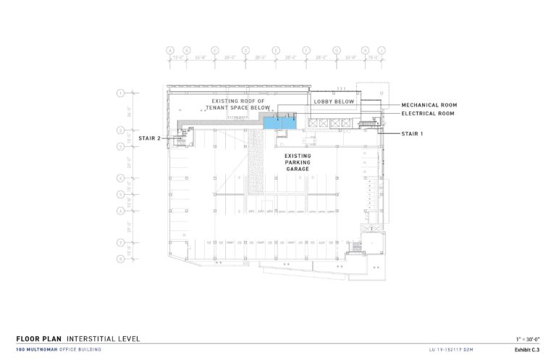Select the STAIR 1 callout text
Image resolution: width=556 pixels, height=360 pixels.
413,134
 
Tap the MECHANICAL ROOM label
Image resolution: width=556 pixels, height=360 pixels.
429,105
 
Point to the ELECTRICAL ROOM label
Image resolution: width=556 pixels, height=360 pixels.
428,114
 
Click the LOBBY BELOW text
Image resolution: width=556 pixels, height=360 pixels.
334,101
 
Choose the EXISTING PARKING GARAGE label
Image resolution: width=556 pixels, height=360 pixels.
297,162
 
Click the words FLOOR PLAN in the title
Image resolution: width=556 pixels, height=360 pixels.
38,338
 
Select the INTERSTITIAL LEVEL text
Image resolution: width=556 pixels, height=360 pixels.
104,338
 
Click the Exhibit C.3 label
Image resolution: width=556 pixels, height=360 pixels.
527,350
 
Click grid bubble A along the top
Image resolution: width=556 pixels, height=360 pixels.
171,51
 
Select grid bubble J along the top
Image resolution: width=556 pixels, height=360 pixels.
382,51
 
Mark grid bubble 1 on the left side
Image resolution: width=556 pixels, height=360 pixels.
121,92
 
